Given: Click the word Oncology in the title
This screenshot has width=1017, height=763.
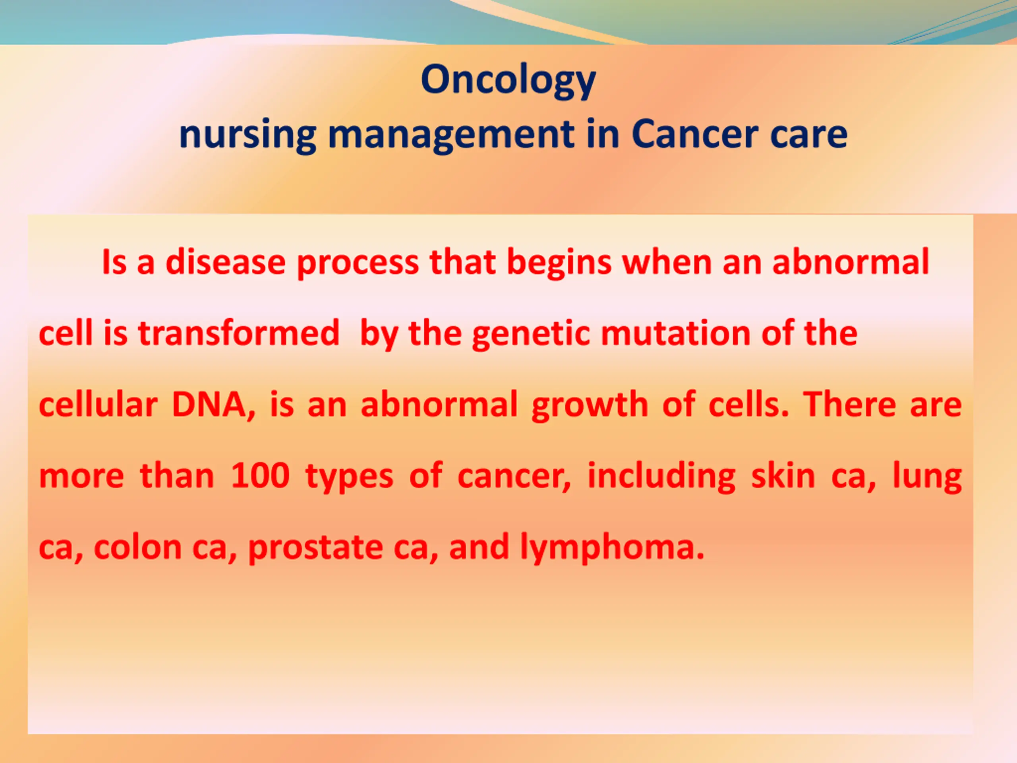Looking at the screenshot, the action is click(508, 81).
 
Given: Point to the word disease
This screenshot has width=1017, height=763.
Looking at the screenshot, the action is click(225, 262).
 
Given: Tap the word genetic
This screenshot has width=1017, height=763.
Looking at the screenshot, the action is click(531, 334).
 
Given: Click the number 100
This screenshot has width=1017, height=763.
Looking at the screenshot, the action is click(260, 476).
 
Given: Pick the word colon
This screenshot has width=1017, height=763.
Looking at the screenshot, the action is click(138, 547).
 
